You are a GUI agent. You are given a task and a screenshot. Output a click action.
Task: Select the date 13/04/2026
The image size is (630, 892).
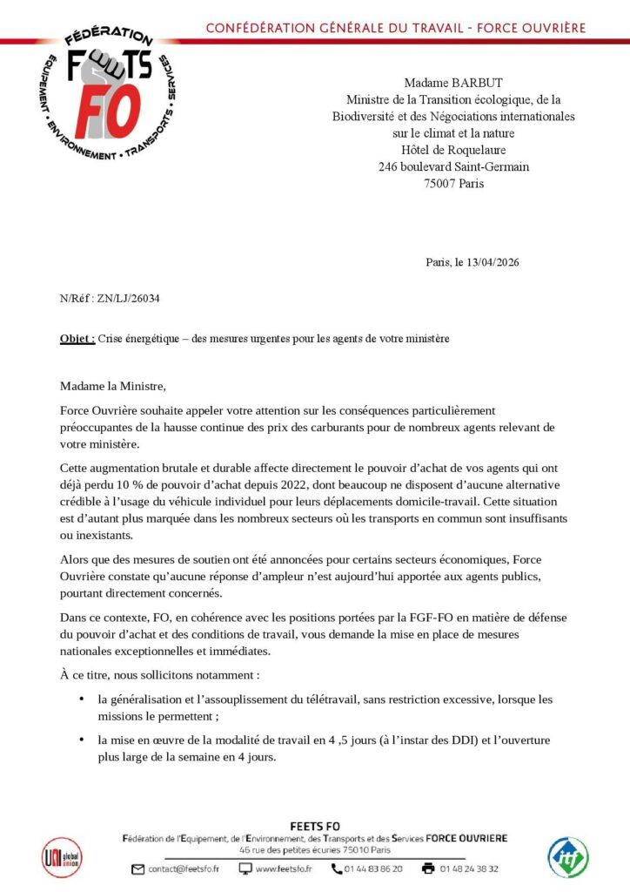[494, 261]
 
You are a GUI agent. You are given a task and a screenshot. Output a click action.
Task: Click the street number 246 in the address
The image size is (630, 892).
[388, 166]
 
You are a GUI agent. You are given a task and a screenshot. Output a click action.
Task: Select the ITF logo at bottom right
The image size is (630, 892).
[566, 857]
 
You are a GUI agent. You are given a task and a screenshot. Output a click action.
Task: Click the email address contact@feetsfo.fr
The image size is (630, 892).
[184, 868]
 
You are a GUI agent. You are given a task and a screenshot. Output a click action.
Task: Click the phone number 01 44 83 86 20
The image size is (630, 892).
[374, 868]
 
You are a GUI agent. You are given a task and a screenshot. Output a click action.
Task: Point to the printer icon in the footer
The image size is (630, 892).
[427, 868]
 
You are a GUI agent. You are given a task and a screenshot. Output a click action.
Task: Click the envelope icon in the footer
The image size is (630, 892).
[138, 868]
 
